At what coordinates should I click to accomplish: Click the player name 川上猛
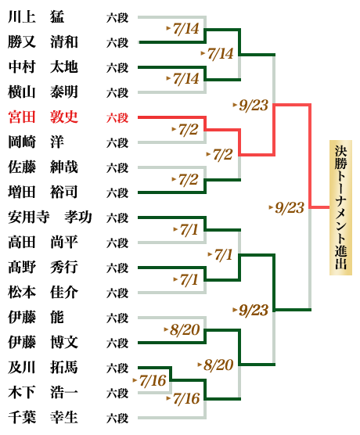pyautogui.click(x=36, y=17)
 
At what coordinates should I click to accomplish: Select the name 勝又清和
pyautogui.click(x=43, y=42)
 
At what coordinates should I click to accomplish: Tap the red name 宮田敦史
pyautogui.click(x=43, y=117)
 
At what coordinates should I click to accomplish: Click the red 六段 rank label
pyautogui.click(x=117, y=117)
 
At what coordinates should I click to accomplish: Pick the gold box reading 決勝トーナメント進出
pyautogui.click(x=340, y=207)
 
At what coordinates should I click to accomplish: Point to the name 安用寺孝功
pyautogui.click(x=50, y=217)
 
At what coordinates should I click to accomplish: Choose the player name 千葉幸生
pyautogui.click(x=43, y=418)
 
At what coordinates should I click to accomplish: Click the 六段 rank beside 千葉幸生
pyautogui.click(x=117, y=418)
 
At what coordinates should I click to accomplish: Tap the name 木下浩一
pyautogui.click(x=43, y=393)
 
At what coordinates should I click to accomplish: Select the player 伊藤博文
pyautogui.click(x=43, y=343)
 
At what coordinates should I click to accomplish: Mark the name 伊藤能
pyautogui.click(x=36, y=318)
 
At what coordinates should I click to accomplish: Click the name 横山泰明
pyautogui.click(x=43, y=92)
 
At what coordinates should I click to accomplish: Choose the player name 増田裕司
pyautogui.click(x=43, y=192)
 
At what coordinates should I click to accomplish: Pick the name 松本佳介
pyautogui.click(x=43, y=293)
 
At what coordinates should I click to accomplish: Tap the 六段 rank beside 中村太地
pyautogui.click(x=117, y=68)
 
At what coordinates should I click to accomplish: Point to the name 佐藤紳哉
pyautogui.click(x=43, y=167)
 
